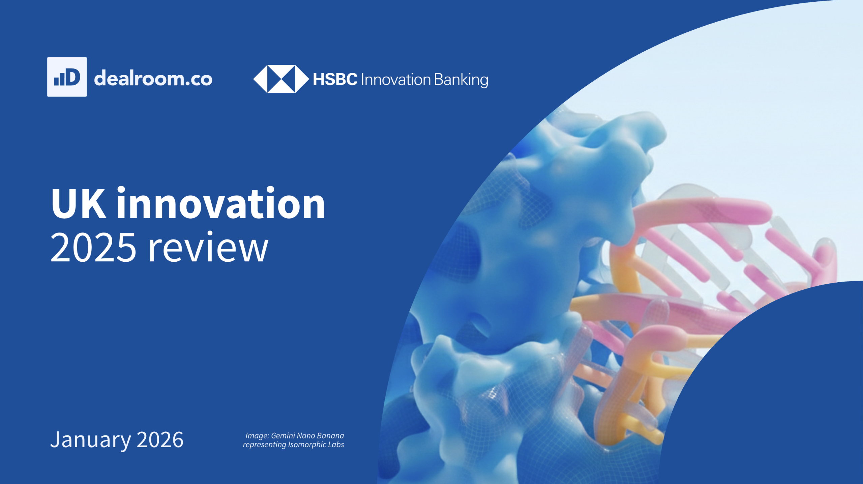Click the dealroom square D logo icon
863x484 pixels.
coord(67,77)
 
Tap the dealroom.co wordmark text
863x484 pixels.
coord(153,79)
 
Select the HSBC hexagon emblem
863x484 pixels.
coord(281,79)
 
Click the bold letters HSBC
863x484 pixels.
coord(335,80)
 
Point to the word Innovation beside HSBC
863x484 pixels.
coord(396,80)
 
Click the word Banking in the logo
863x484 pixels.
coord(461,80)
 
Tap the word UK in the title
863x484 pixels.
coord(78,204)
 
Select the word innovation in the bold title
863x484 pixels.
coord(221,204)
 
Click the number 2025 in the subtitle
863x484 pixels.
coord(93,248)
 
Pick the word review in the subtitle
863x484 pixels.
coord(208,248)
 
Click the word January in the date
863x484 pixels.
coord(90,440)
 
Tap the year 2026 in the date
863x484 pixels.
coord(160,440)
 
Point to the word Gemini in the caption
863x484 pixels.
coord(283,436)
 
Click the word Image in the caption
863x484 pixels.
coord(257,436)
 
